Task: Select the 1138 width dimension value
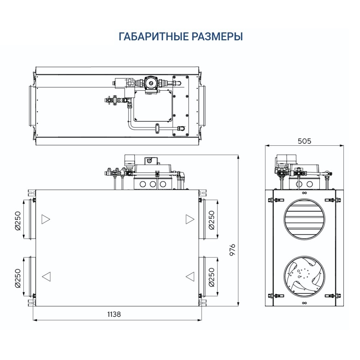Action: click(114, 314)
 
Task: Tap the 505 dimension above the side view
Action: click(304, 141)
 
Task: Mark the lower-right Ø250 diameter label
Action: click(211, 276)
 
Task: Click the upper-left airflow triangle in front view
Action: click(46, 219)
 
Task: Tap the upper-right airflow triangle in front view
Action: click(190, 219)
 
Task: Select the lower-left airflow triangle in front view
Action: click(46, 276)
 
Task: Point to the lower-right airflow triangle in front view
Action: click(190, 276)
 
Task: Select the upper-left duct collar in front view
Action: click(29, 219)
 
